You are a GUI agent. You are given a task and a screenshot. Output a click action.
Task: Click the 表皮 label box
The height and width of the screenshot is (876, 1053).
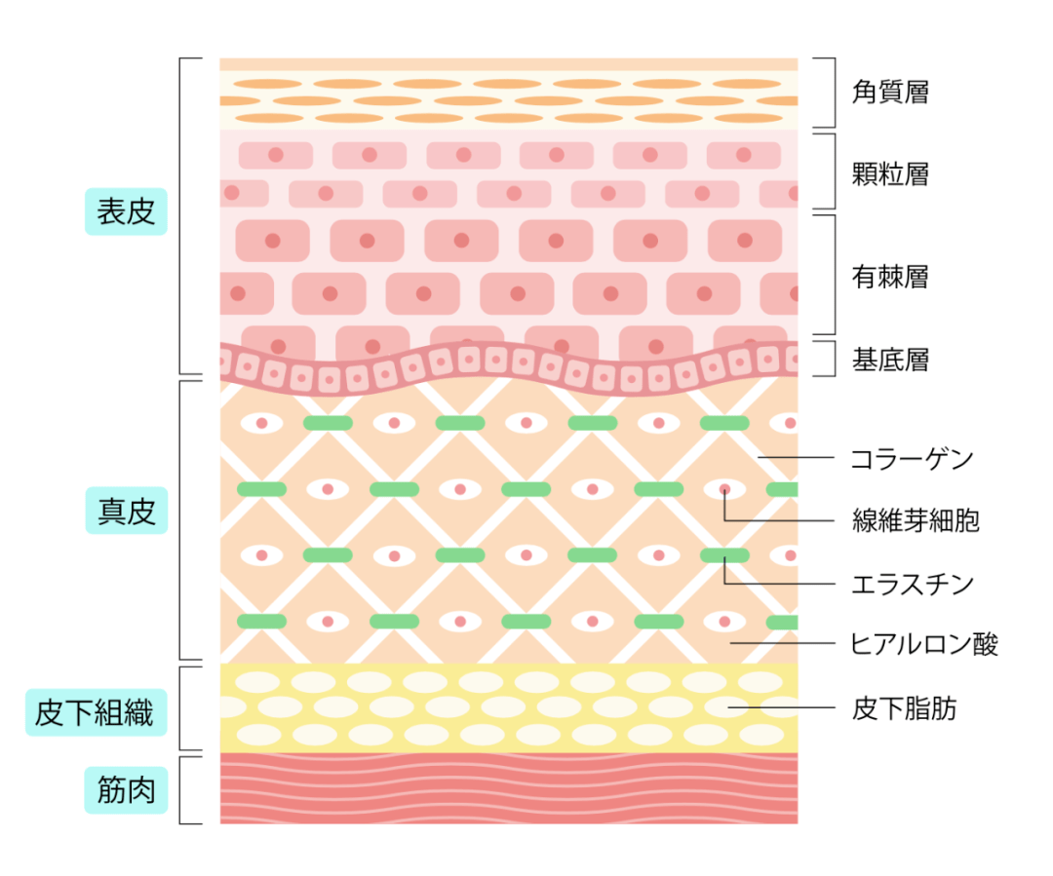(127, 211)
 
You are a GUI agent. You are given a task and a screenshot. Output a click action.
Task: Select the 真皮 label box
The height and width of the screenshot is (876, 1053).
(127, 511)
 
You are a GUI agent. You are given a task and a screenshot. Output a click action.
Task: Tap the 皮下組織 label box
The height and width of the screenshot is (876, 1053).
(95, 714)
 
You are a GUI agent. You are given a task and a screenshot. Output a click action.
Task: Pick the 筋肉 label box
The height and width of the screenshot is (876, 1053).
(127, 791)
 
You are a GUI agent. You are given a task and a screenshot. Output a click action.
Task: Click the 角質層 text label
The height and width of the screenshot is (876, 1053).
(890, 93)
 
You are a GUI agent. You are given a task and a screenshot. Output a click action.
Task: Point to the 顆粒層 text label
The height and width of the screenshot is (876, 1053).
(890, 174)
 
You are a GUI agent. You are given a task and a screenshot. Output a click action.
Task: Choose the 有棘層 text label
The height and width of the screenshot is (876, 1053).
(890, 277)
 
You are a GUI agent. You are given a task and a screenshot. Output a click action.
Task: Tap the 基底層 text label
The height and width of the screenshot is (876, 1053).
(890, 360)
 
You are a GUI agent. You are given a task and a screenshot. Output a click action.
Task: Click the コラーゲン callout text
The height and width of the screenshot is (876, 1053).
(912, 458)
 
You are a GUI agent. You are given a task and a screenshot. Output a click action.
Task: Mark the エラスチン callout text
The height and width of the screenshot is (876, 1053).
(912, 584)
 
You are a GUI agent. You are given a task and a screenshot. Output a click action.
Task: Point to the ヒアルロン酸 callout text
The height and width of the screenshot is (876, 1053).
(924, 643)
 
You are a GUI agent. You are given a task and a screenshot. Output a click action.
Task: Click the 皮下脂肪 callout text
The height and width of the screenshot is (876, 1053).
(904, 708)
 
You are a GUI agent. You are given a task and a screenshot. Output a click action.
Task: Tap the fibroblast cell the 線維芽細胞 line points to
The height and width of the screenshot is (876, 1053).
(724, 489)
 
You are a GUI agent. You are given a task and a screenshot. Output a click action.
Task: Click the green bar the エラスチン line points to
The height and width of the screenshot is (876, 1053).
(724, 555)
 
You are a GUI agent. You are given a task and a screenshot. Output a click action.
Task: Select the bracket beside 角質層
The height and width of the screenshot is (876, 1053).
(830, 93)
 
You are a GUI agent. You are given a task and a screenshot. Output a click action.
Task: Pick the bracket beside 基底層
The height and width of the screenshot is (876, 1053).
(830, 359)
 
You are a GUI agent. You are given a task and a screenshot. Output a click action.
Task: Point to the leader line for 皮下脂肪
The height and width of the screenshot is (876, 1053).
(780, 708)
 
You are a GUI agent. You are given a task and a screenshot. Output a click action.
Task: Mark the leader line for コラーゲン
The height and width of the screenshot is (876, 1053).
(795, 457)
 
